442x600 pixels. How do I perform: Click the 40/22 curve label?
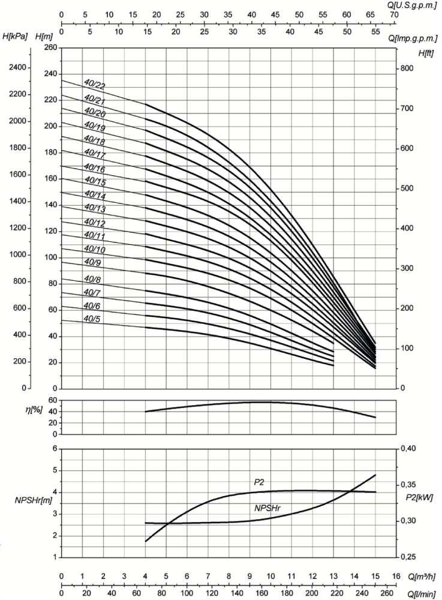[x=95, y=86]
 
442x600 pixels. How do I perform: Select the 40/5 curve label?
[x=94, y=319]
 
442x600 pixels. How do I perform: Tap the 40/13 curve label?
[x=95, y=208]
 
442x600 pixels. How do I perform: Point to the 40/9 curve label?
[x=94, y=262]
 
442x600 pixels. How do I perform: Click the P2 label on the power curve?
[x=258, y=482]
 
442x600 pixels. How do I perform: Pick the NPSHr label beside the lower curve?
[x=268, y=508]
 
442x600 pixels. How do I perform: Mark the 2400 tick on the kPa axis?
[x=17, y=67]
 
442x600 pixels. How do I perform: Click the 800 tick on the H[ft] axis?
[x=407, y=68]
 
